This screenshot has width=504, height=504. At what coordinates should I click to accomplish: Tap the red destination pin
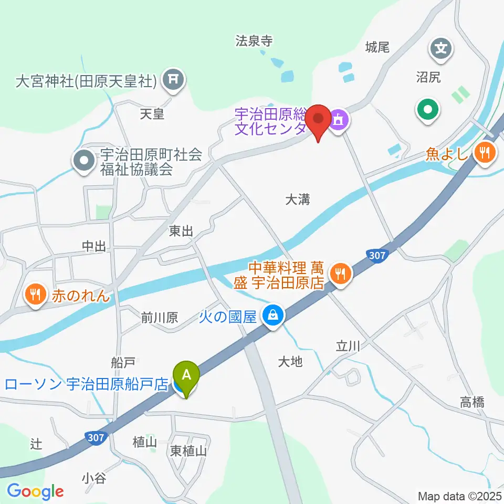(x=318, y=120)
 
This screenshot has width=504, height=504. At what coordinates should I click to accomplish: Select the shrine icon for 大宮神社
(x=172, y=80)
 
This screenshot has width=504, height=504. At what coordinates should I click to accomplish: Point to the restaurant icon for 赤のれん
(x=35, y=295)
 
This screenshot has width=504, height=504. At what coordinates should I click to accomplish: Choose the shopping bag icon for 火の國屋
(x=273, y=316)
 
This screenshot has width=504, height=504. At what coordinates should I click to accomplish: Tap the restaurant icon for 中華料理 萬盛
(x=340, y=273)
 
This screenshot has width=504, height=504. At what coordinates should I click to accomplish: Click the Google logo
(x=35, y=492)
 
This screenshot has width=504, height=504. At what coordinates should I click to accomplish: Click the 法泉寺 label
(x=254, y=40)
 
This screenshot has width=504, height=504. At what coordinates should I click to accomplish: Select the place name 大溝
(x=298, y=199)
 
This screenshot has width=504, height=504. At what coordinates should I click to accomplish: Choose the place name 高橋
(x=472, y=403)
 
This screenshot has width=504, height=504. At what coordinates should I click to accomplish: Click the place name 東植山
(x=189, y=450)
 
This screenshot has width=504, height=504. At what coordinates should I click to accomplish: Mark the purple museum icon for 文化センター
(x=339, y=120)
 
